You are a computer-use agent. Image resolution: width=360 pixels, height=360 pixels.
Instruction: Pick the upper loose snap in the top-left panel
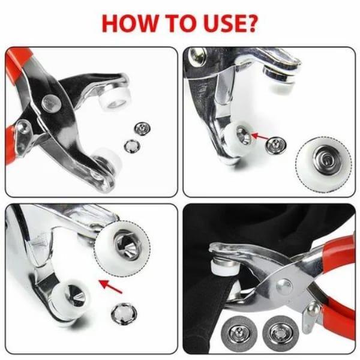[x=142, y=128]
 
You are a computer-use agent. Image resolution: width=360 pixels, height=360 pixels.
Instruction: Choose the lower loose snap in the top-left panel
[x=131, y=146]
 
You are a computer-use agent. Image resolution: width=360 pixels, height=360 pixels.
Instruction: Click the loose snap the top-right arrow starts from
[x=276, y=145]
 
